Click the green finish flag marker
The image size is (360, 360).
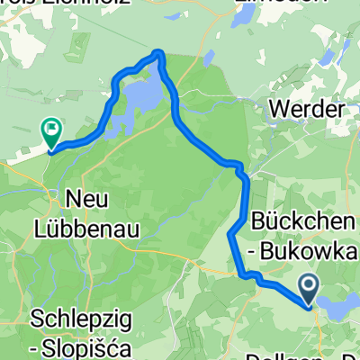coord(49,133)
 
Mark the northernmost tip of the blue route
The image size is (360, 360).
coord(159,53)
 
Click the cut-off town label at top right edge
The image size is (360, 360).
coord(256,3)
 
